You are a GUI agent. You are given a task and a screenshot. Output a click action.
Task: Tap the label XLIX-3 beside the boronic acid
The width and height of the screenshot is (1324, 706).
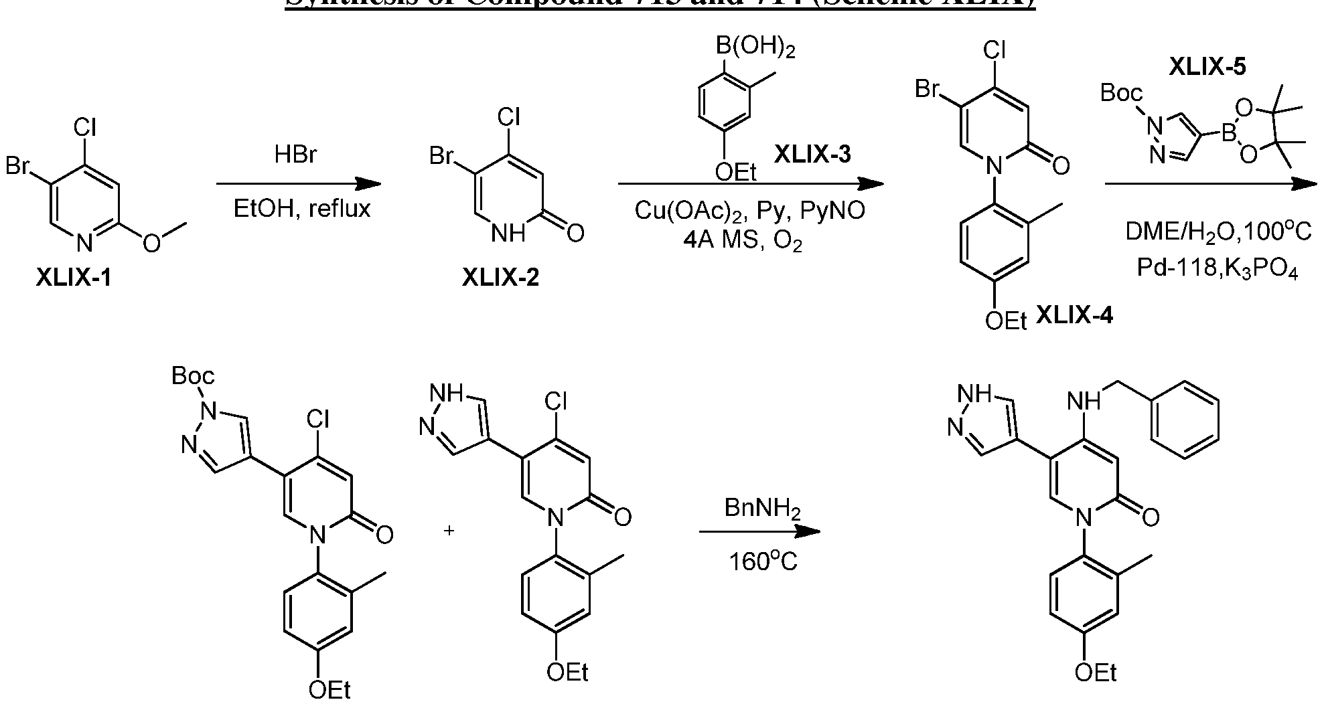click(812, 155)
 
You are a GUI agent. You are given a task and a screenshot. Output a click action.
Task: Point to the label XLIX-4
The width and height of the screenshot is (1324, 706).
click(1074, 315)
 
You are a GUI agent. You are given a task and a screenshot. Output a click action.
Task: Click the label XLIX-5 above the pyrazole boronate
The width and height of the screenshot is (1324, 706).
click(1207, 66)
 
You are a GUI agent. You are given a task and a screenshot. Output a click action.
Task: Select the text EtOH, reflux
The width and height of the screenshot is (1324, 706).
click(301, 209)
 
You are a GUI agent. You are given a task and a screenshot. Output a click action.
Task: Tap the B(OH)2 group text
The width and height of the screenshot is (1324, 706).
click(756, 48)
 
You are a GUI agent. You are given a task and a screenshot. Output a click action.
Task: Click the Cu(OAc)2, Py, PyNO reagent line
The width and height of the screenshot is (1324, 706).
click(749, 211)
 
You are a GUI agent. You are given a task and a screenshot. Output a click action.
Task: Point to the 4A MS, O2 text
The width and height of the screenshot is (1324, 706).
click(743, 240)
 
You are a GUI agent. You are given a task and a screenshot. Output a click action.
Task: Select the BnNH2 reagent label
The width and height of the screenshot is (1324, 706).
click(763, 509)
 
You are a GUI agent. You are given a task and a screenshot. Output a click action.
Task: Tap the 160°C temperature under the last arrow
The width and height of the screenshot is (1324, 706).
click(763, 561)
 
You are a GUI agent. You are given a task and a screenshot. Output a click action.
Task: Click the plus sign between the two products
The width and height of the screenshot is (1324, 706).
click(449, 531)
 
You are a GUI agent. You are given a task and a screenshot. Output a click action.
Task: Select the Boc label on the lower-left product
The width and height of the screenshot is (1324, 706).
click(193, 376)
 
